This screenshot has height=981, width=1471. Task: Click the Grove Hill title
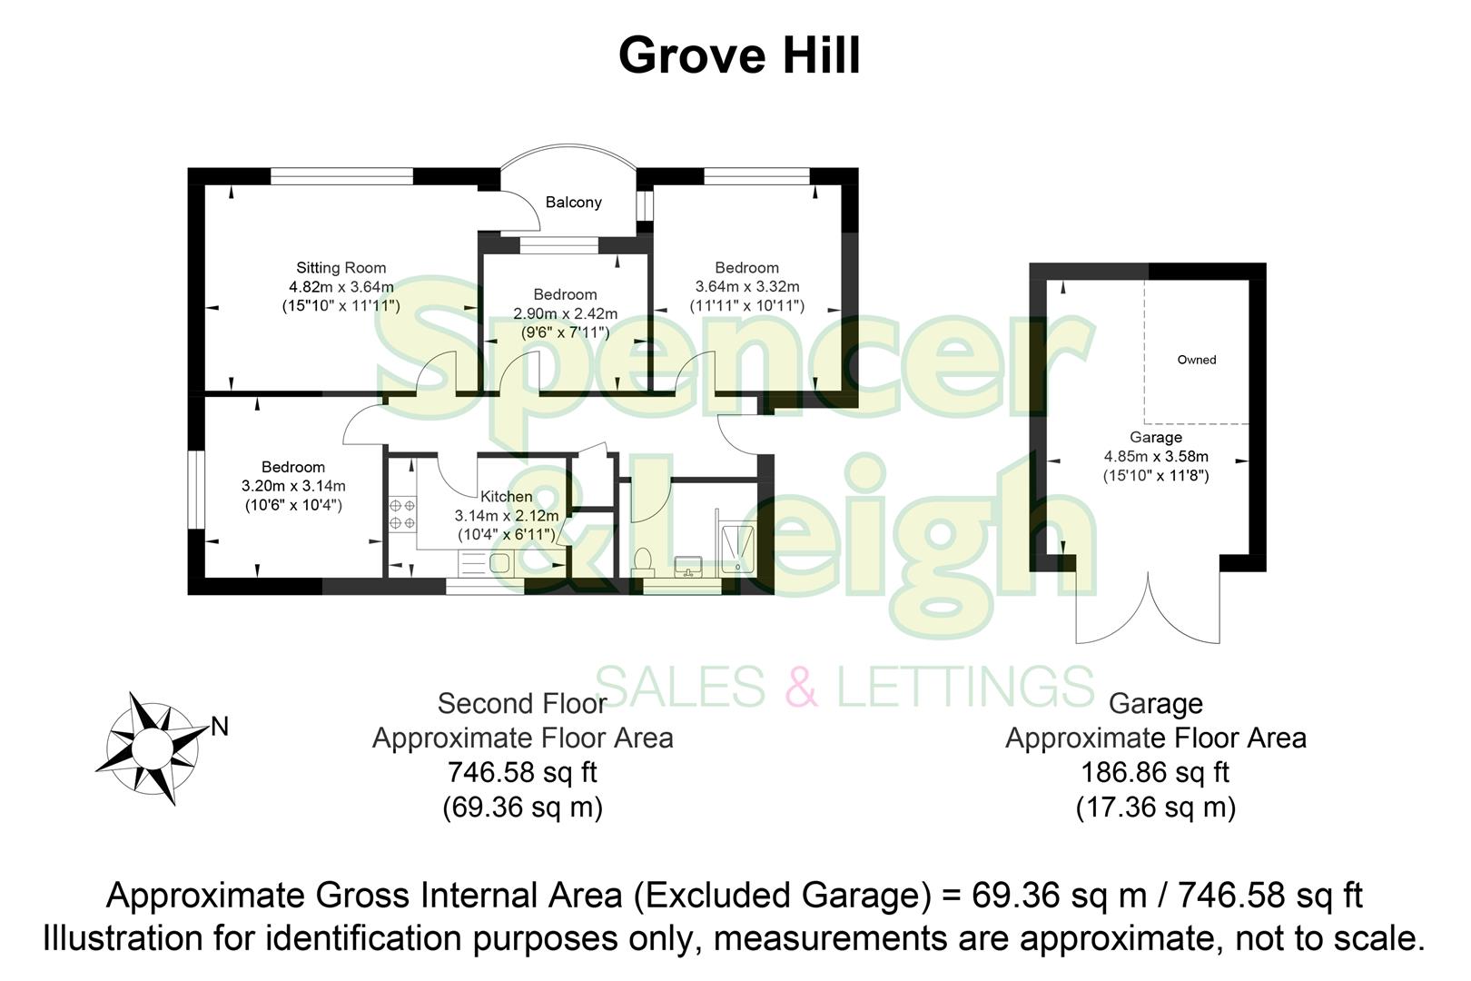(x=738, y=56)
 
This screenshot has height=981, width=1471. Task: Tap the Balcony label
(x=573, y=203)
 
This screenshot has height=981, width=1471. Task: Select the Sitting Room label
(x=341, y=268)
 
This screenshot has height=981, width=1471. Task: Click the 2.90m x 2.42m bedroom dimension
(x=565, y=314)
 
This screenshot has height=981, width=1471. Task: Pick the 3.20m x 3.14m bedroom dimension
(x=292, y=487)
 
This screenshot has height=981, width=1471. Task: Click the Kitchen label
(x=506, y=497)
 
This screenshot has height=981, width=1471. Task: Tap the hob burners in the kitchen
(x=402, y=514)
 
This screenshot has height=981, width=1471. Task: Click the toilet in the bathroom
(x=643, y=561)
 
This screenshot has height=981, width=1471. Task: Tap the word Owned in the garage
(x=1196, y=360)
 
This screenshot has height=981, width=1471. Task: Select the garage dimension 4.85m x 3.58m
(x=1155, y=457)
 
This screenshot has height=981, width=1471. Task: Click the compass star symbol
(x=150, y=748)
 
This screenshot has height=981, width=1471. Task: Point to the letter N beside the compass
(x=219, y=727)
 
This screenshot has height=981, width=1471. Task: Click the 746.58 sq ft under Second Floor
(x=522, y=773)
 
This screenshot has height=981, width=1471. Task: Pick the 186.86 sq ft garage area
(x=1154, y=773)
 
